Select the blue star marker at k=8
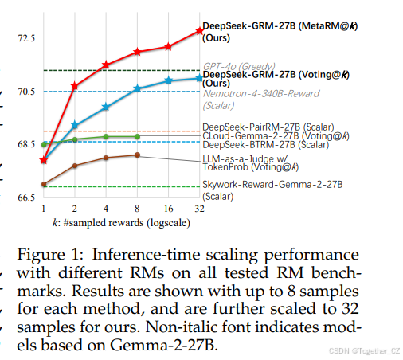137,88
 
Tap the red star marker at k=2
75,85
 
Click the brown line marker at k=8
137,155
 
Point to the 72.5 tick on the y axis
25,38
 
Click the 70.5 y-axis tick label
25,92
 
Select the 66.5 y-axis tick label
25,197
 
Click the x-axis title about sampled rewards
115,222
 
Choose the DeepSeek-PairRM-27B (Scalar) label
268,126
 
